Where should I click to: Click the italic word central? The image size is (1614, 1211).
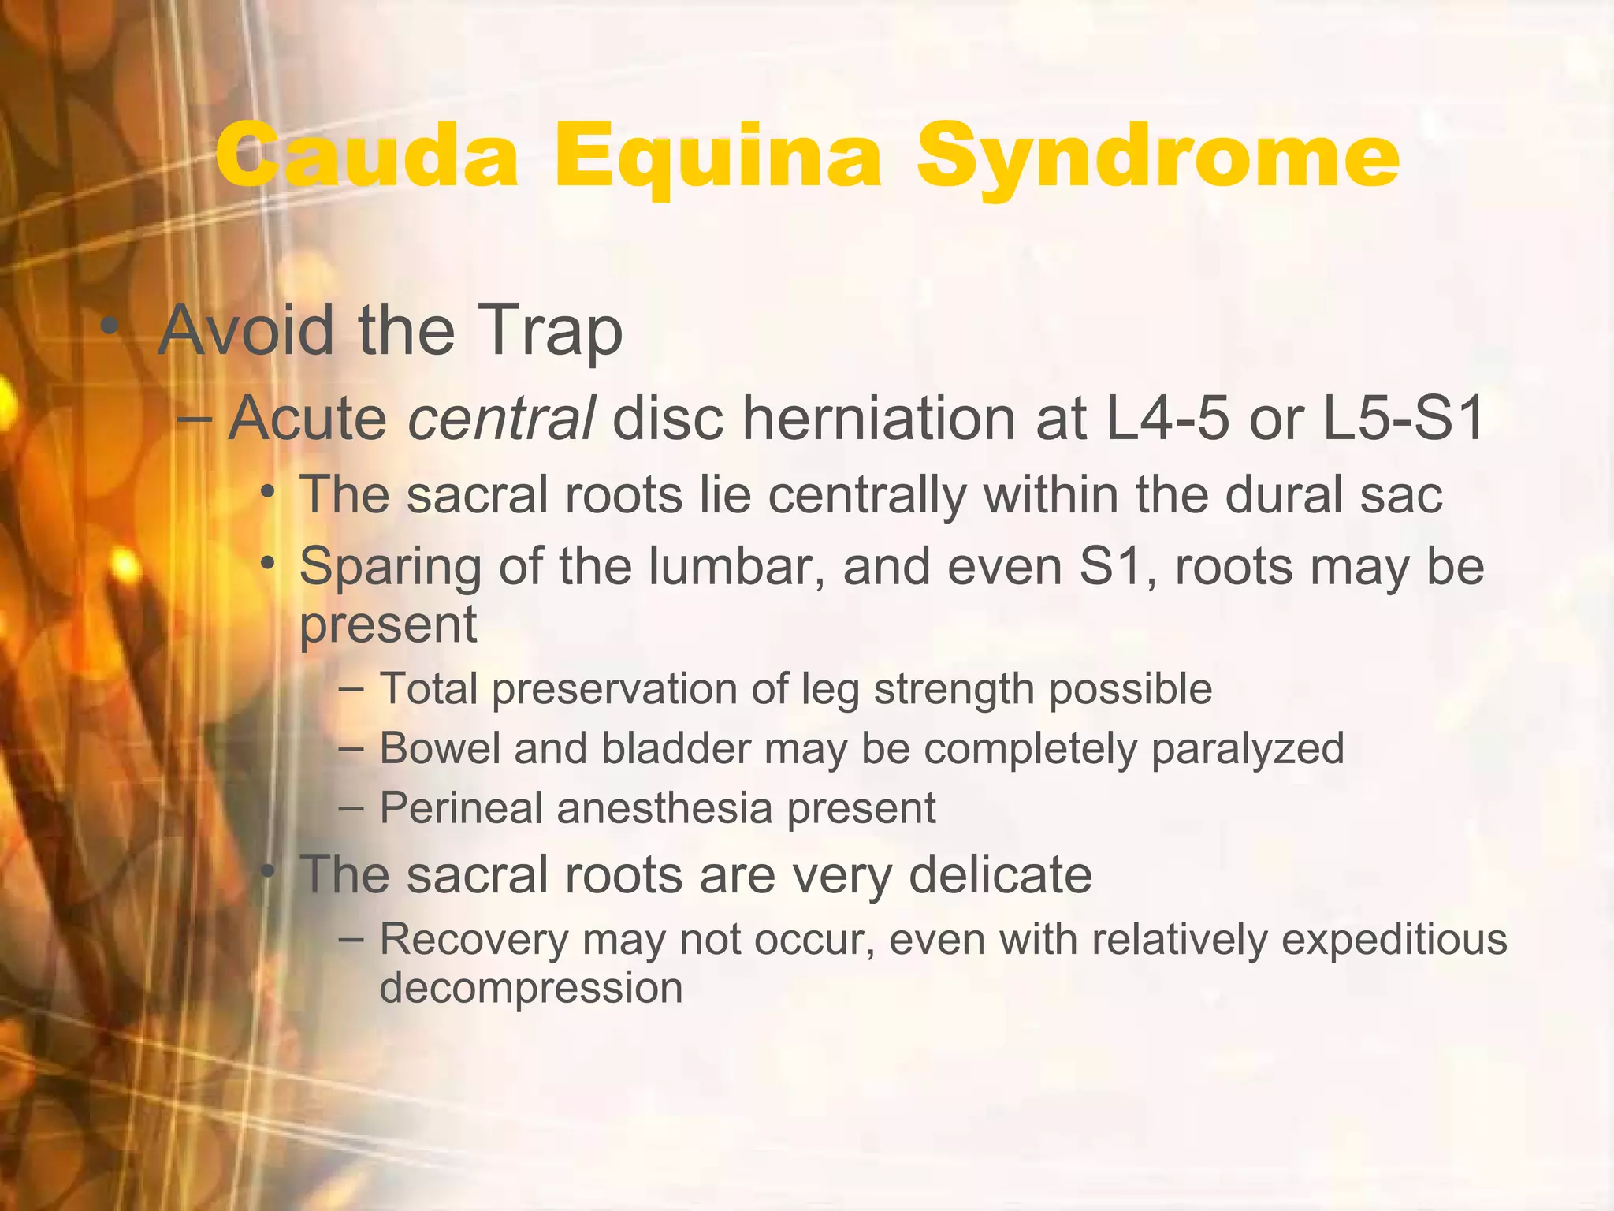tap(500, 418)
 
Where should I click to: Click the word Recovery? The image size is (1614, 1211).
tap(474, 941)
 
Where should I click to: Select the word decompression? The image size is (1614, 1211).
tap(530, 989)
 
